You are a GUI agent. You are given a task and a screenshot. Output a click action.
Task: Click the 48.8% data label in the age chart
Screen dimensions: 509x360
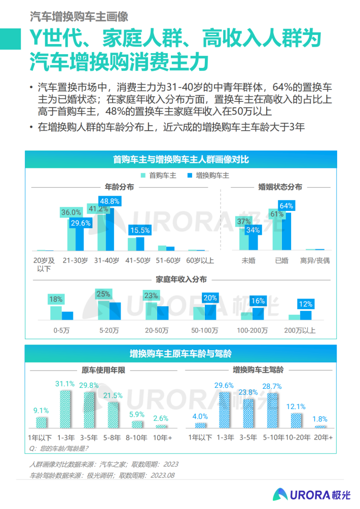109,201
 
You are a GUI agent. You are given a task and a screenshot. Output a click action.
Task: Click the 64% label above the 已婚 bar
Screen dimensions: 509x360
286,205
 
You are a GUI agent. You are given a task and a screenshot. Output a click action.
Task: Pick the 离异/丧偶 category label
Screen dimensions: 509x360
314,261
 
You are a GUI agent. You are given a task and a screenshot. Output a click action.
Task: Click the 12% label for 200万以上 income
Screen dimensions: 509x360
305,304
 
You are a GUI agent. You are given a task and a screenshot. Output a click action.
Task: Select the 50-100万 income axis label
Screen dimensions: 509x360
205,330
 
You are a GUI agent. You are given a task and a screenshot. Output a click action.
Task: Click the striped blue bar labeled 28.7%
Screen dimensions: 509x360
272,410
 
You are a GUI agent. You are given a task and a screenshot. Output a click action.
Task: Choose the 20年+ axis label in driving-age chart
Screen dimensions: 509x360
323,437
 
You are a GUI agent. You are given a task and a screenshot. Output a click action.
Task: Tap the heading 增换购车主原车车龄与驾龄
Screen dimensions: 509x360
181,353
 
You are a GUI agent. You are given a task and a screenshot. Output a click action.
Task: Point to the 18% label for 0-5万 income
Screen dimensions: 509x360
56,299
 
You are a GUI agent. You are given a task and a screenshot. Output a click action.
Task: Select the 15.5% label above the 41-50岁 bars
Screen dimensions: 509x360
139,230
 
